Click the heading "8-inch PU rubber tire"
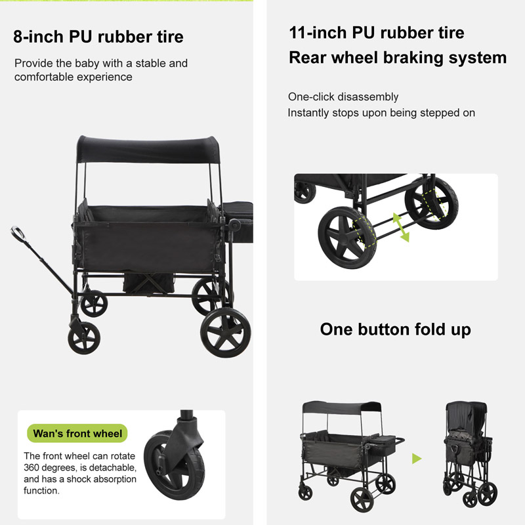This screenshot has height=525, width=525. click(98, 37)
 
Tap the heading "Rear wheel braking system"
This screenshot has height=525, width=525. click(398, 58)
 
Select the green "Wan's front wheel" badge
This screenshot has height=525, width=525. click(77, 433)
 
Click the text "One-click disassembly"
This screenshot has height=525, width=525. click(343, 96)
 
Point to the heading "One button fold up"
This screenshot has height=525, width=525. click(396, 329)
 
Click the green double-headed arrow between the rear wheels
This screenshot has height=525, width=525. click(401, 227)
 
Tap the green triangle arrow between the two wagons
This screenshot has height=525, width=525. click(417, 458)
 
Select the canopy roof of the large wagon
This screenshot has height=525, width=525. click(148, 149)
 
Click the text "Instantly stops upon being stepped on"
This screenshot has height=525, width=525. click(381, 113)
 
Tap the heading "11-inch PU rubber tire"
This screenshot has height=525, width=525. click(377, 33)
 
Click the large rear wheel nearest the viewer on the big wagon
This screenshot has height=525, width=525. click(225, 333)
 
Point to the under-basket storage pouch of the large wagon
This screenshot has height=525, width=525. click(149, 283)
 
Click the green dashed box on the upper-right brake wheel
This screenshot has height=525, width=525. click(434, 204)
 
